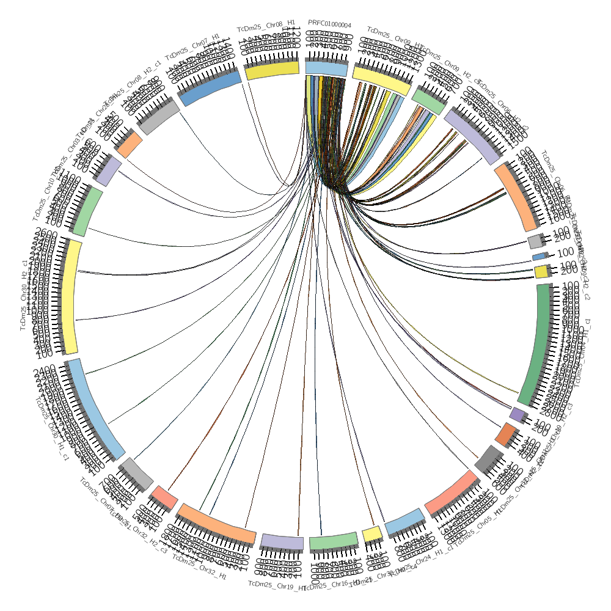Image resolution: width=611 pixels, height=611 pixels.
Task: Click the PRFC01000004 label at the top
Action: [329, 24]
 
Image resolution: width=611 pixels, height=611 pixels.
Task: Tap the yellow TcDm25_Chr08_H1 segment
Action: [272, 70]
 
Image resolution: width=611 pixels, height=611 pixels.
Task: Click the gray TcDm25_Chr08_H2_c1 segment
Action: [158, 119]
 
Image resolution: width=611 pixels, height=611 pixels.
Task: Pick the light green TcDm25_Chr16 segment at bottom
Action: [333, 541]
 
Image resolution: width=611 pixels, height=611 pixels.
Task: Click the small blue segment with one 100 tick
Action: [539, 257]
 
